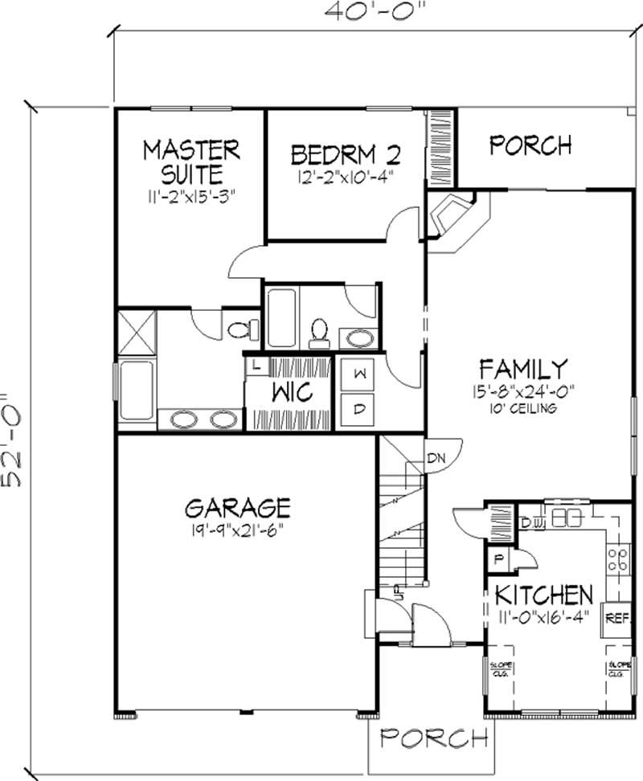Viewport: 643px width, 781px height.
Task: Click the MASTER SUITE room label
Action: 190,161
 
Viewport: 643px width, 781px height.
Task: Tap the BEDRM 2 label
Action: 346,153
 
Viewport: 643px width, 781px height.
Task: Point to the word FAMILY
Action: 523,369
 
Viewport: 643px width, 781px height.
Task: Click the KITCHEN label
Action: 543,595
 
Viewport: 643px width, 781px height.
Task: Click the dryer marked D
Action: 360,409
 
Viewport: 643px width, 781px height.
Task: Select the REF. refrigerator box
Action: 616,618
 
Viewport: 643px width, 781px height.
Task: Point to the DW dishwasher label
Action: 530,524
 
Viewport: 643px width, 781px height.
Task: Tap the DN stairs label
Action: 436,459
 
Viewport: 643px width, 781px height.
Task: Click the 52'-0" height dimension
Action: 14,440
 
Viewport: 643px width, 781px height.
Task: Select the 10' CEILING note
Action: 523,408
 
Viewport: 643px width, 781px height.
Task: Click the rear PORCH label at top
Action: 530,145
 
